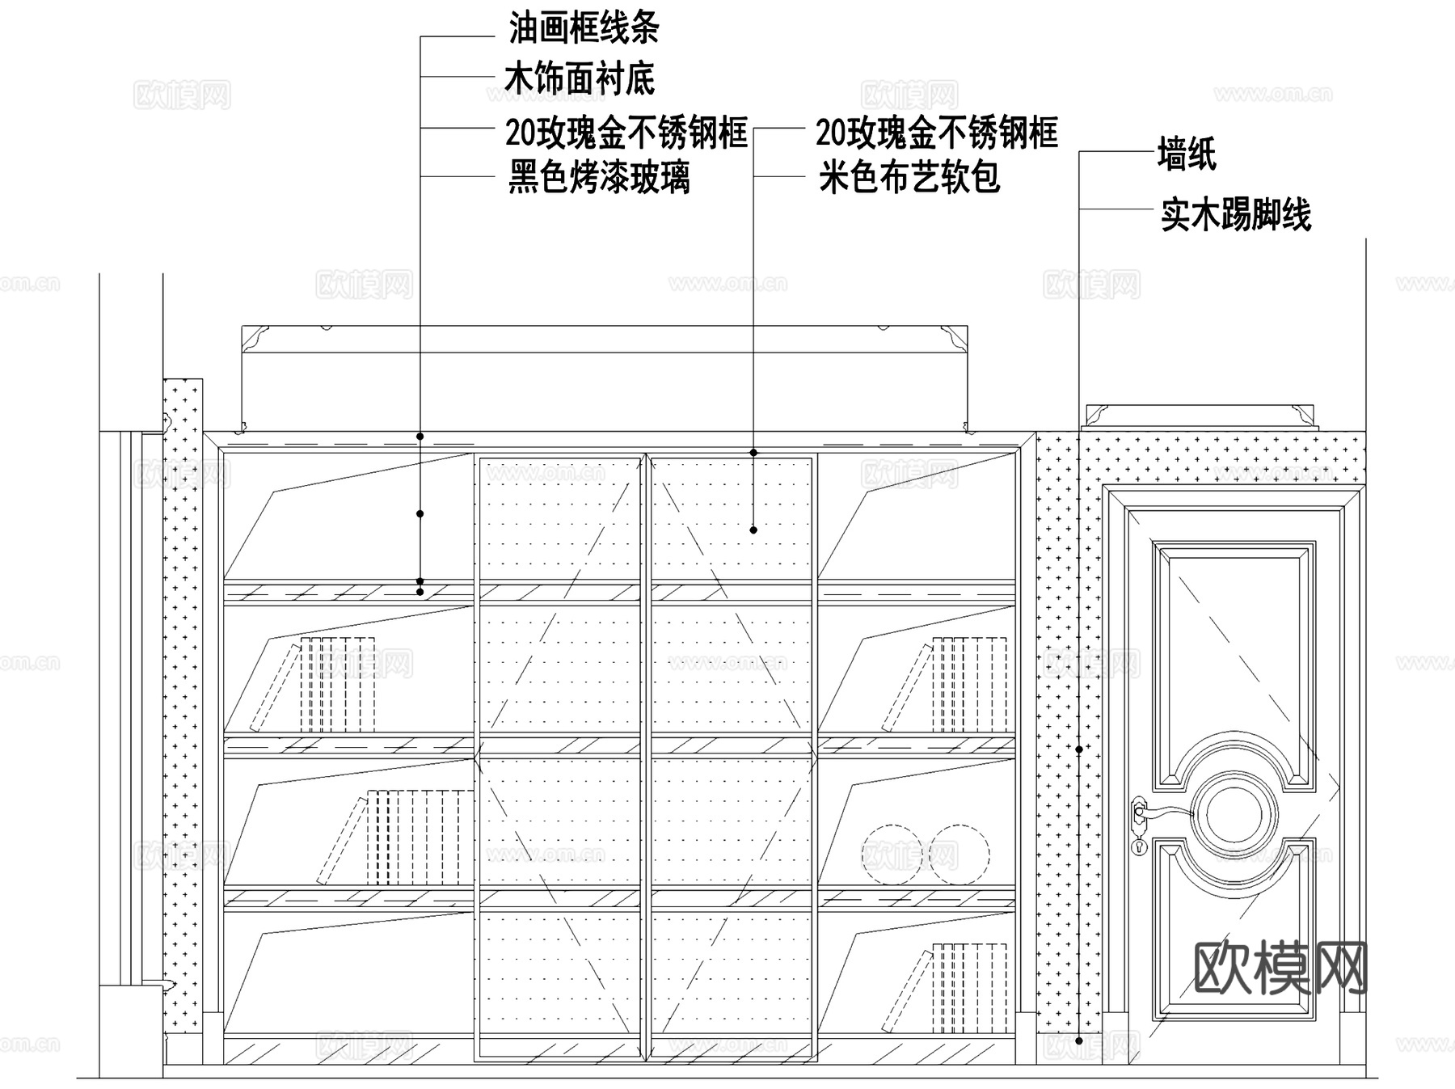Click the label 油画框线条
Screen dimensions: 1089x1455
click(x=584, y=29)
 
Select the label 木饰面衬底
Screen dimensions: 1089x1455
click(x=579, y=79)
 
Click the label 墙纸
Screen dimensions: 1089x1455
click(x=1187, y=154)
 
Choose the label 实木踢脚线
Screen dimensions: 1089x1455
click(x=1235, y=215)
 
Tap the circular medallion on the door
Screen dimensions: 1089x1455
click(x=1234, y=816)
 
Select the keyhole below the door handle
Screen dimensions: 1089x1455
click(x=1140, y=846)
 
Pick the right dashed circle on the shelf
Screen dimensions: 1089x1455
click(x=959, y=855)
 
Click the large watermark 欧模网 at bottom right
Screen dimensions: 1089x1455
click(x=1280, y=968)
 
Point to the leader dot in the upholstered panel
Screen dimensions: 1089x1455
click(x=753, y=530)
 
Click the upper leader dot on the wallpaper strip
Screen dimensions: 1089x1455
click(x=1079, y=750)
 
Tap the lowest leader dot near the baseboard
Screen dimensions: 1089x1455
click(x=1079, y=1041)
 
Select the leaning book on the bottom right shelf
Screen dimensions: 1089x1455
click(x=906, y=991)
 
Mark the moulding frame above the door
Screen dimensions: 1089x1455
click(x=1200, y=416)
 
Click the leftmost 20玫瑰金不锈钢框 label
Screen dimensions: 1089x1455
click(x=626, y=133)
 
